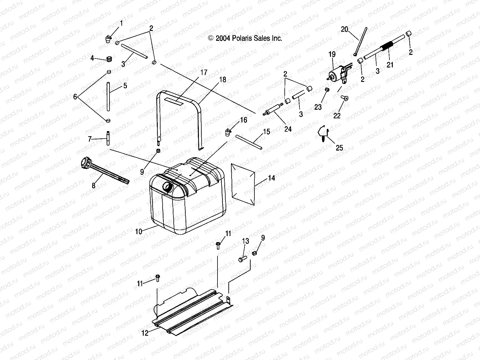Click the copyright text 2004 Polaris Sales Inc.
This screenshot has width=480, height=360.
click(x=245, y=38)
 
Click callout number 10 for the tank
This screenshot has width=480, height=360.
click(x=138, y=231)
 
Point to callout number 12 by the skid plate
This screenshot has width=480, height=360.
click(x=145, y=333)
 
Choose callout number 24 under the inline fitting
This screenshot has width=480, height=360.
click(x=288, y=129)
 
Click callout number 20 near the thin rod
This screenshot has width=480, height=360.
click(x=344, y=29)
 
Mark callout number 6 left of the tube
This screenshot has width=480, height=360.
click(x=75, y=97)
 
